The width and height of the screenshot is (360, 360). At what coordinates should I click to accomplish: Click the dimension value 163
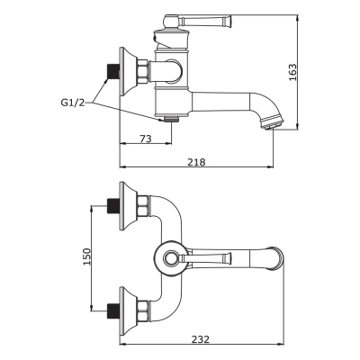(x=292, y=72)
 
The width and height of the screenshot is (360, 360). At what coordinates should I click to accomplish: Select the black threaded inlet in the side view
(x=114, y=69)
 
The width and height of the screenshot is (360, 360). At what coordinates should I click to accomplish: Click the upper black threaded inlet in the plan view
(x=114, y=204)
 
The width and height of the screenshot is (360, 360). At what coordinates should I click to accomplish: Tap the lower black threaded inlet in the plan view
(x=114, y=310)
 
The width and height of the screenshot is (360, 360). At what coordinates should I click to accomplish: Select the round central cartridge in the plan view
(x=170, y=257)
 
